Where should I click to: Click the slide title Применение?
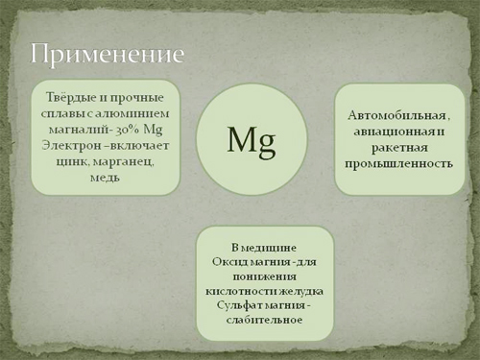point(108,55)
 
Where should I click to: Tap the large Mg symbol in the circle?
point(252,140)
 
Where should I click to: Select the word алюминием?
point(137,113)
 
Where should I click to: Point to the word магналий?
point(76,130)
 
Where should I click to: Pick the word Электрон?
point(71,146)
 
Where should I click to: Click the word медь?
point(105,178)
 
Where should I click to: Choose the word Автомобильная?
point(396,115)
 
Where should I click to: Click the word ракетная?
point(399,148)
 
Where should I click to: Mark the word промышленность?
point(398,164)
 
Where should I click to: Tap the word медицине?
point(269,248)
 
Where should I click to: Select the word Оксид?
point(229,262)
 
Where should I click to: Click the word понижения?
point(264,276)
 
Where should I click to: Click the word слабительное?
point(264,320)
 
